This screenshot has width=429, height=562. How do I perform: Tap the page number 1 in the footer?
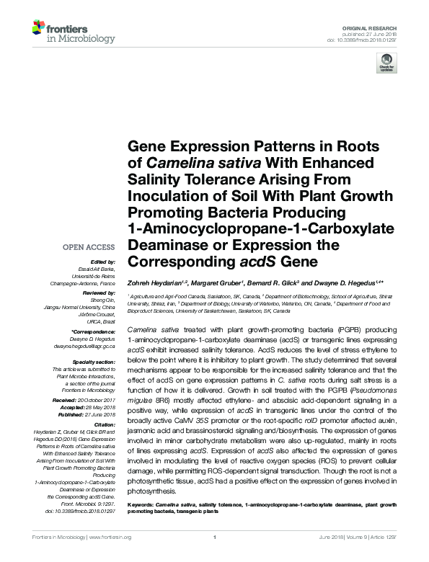point(215,538)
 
